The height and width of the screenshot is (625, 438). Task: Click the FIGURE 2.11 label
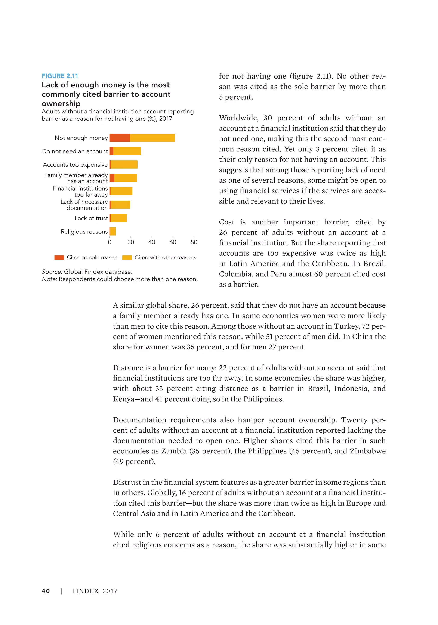(x=60, y=76)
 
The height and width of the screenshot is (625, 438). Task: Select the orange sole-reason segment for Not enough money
(x=120, y=138)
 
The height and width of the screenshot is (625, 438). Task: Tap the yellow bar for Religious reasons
(x=113, y=231)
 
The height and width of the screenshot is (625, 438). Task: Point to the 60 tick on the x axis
(x=173, y=242)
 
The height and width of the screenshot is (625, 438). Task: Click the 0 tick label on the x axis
(x=109, y=242)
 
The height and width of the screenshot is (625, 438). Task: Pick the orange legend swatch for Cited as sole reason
(x=59, y=258)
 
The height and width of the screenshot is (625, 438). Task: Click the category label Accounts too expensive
(x=75, y=165)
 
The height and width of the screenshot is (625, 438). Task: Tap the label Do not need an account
(x=75, y=151)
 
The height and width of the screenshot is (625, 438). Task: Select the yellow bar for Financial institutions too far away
(x=121, y=191)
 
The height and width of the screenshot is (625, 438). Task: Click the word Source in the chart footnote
(x=52, y=272)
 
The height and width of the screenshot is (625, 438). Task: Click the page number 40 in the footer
(x=46, y=591)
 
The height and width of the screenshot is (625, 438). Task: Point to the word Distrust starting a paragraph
(x=127, y=482)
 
